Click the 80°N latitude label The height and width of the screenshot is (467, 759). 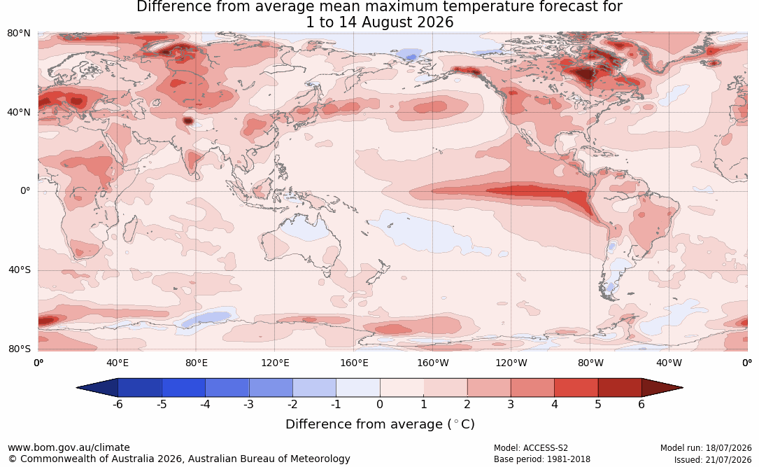pos(18,34)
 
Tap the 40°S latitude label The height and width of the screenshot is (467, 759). pos(19,270)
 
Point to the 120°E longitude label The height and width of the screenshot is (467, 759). pos(275,363)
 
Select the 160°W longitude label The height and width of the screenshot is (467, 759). pos(433,363)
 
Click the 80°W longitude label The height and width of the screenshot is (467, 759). pos(590,363)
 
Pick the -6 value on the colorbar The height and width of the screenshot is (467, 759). pos(117,404)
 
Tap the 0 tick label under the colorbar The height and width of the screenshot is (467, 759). pos(380,404)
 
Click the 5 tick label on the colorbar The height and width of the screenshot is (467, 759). pos(598,404)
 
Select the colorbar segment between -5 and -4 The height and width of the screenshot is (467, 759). pos(183,388)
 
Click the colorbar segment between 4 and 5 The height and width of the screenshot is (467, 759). pos(576,388)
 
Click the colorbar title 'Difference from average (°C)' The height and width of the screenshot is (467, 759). pos(380,424)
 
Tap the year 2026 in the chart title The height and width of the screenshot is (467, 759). pos(434,22)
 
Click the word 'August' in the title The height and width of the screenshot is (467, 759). pos(385,23)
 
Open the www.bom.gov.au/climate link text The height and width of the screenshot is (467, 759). pos(69,447)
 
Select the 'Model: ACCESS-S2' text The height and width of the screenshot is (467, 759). pos(530,448)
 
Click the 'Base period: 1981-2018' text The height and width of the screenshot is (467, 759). pos(541,459)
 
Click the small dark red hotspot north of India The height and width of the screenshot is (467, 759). pos(187,120)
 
